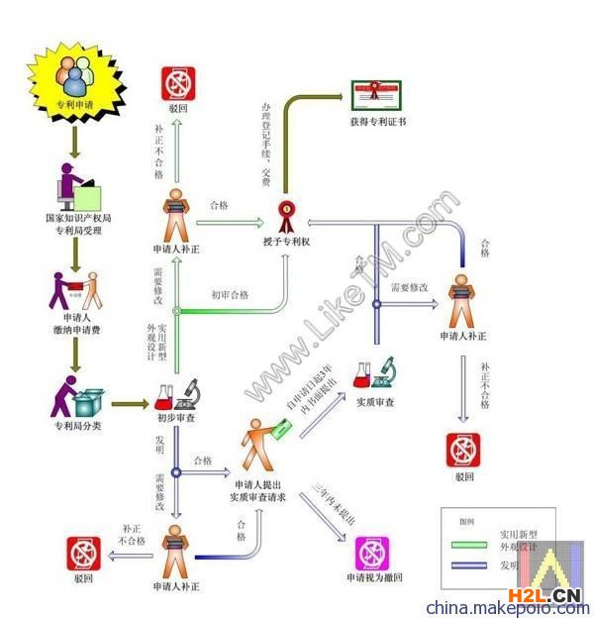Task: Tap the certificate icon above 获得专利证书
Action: point(376,95)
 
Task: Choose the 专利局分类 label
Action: point(75,425)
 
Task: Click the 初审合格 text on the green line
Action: point(231,294)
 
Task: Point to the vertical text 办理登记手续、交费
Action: point(265,144)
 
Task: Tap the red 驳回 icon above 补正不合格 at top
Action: point(179,84)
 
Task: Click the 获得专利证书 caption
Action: point(377,123)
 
